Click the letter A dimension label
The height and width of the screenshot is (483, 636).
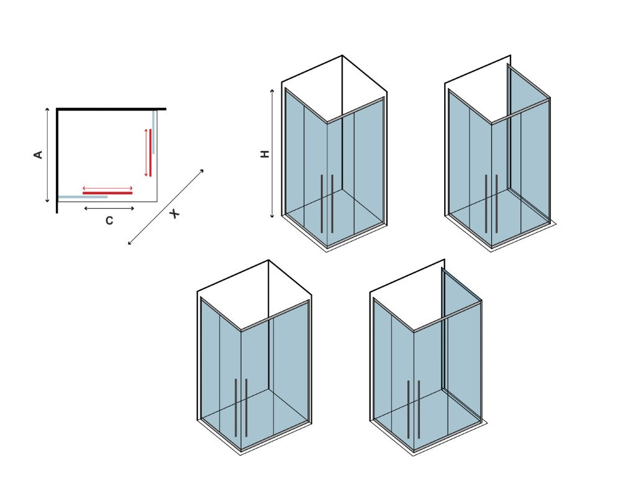coord(38,155)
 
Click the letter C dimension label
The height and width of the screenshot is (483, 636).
coord(109,220)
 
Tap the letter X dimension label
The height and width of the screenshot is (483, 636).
coord(175,214)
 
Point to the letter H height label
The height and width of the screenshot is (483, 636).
coord(265,154)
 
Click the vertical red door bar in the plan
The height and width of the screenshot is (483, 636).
coord(150,153)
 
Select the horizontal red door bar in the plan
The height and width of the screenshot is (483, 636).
coord(107,193)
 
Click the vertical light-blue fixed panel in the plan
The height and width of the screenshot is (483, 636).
coord(154,132)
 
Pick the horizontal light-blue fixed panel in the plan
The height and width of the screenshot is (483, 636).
coord(83,197)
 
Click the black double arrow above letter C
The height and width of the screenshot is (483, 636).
coord(109,209)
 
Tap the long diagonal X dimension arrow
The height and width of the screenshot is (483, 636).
coord(165,207)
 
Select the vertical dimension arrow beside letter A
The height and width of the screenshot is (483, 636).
coord(47,155)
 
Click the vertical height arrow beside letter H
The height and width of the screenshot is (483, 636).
coord(273,153)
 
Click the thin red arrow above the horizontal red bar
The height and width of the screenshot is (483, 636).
coord(107,188)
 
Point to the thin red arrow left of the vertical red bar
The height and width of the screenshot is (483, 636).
coord(145,153)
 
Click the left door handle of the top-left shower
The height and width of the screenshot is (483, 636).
coord(322,204)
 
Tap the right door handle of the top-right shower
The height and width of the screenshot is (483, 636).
coord(496,204)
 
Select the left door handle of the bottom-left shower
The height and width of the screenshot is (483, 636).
coord(235,408)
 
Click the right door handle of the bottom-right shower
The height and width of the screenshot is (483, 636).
coord(419,410)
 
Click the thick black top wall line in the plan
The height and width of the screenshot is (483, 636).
coord(112,109)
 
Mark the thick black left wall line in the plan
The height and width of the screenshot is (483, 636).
coord(57,161)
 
